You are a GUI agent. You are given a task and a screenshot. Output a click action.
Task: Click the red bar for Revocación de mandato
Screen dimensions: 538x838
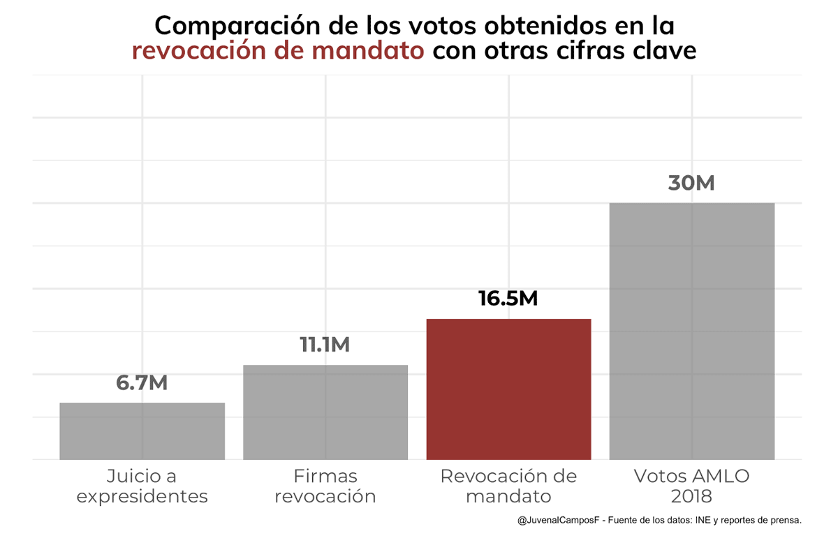[x=508, y=389]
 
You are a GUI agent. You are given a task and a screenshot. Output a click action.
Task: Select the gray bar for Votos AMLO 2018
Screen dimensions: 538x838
[x=691, y=331]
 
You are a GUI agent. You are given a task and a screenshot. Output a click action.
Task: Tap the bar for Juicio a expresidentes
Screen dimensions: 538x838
[x=142, y=431]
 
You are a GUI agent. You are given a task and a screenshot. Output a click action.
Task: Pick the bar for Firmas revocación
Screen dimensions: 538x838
[x=325, y=412]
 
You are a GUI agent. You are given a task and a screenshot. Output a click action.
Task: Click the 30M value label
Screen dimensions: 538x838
[x=691, y=183]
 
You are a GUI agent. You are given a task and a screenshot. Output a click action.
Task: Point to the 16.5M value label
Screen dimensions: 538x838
[x=508, y=298]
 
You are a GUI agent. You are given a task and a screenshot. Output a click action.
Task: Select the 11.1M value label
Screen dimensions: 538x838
[x=325, y=345]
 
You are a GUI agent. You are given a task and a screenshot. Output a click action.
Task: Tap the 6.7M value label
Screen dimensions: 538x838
[x=142, y=383]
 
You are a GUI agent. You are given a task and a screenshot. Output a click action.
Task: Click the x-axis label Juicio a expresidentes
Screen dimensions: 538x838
[x=142, y=486]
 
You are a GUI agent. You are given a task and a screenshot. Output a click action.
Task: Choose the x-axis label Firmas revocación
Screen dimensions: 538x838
[x=325, y=486]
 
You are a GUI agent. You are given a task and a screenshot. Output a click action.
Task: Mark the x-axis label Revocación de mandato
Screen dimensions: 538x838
[x=508, y=486]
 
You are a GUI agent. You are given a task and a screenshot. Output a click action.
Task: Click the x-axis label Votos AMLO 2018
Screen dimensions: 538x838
[x=691, y=486]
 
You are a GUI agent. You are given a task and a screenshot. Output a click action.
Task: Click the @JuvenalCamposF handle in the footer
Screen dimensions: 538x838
[x=558, y=521]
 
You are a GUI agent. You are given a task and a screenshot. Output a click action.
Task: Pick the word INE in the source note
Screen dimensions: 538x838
[x=706, y=521]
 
